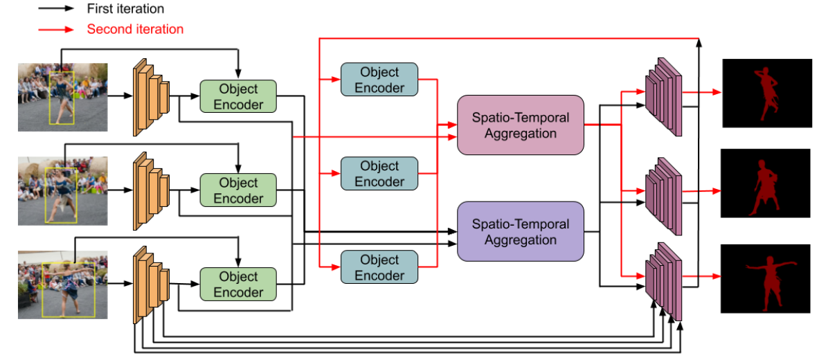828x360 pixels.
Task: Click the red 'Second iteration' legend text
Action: pos(135,29)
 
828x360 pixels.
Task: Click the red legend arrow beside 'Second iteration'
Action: pos(56,30)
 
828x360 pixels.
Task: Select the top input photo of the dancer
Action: pos(62,97)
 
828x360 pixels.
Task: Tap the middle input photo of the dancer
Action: pos(62,191)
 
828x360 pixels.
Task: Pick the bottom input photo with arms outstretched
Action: pos(62,285)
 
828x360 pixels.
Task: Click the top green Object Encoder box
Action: pos(238,97)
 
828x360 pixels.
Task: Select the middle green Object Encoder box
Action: pos(238,190)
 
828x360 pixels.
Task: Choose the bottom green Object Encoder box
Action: pos(238,285)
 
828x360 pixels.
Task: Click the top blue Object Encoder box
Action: pos(379,80)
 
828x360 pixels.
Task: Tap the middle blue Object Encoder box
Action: pos(379,174)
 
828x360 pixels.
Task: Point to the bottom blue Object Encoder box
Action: pos(379,267)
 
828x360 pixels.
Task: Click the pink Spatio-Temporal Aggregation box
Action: pos(521,125)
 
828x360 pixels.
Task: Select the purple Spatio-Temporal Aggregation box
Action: pos(521,232)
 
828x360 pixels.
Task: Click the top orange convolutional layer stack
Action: pos(150,97)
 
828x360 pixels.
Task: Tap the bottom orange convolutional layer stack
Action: pos(150,285)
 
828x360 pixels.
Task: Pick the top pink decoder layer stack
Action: pos(663,96)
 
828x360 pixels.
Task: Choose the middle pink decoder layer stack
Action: pos(663,196)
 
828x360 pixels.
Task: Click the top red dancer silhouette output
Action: pos(766,93)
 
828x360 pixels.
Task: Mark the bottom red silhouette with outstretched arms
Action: pos(770,284)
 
